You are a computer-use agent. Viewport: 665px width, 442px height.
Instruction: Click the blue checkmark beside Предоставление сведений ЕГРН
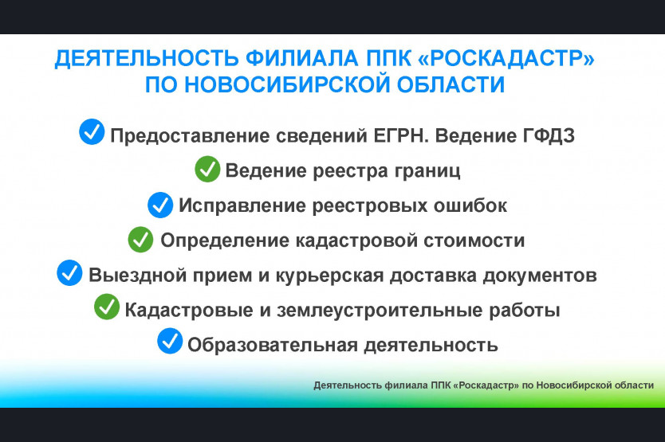tap(92, 131)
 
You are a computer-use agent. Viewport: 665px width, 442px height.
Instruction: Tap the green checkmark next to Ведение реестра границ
tap(207, 169)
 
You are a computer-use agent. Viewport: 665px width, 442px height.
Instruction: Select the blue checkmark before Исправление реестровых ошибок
tap(160, 205)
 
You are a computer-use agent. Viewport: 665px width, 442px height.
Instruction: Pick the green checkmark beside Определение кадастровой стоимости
tap(141, 240)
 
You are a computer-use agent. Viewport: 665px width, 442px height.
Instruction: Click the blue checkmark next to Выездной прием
tap(69, 272)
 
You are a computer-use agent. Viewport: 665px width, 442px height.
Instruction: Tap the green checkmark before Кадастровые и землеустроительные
tap(107, 307)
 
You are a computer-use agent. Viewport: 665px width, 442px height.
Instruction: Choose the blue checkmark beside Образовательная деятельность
tap(170, 341)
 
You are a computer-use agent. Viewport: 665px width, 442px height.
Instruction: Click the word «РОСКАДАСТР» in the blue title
tap(506, 58)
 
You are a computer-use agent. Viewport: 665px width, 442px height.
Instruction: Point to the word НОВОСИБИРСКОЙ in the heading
tap(287, 84)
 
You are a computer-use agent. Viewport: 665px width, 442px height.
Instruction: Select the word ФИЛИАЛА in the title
tap(302, 58)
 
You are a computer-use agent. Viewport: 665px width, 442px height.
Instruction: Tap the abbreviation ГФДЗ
tap(549, 135)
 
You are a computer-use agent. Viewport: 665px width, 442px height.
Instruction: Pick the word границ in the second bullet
tap(427, 171)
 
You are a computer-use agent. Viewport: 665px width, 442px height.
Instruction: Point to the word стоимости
tap(474, 241)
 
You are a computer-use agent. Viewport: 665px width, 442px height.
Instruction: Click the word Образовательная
tap(273, 345)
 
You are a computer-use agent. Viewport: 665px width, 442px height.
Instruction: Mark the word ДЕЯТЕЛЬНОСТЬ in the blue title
tap(147, 58)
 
